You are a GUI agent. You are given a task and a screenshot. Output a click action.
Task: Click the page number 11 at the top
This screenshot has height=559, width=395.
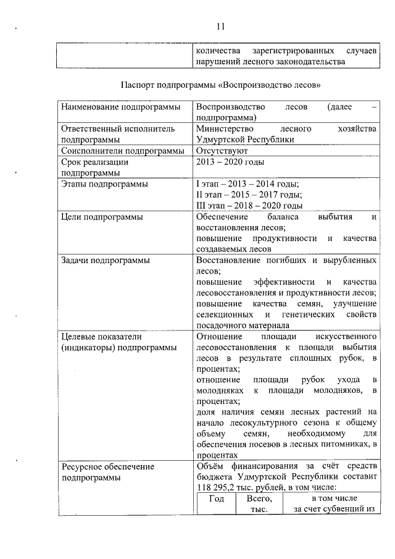[220, 26]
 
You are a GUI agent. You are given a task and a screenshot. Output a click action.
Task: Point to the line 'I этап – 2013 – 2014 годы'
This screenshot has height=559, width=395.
[247, 184]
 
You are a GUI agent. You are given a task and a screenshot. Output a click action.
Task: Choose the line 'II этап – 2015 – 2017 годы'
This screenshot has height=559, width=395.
[249, 195]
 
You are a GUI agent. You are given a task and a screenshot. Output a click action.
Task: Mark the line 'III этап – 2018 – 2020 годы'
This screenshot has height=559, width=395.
[249, 206]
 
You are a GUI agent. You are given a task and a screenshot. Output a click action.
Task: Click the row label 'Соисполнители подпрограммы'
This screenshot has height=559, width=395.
[123, 150]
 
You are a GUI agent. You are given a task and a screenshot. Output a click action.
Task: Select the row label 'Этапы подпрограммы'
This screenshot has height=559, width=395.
[104, 184]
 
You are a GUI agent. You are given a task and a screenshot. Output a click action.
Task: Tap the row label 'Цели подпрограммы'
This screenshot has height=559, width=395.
[102, 217]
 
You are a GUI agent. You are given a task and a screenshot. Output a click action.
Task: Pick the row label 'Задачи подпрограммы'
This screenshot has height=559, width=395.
[106, 261]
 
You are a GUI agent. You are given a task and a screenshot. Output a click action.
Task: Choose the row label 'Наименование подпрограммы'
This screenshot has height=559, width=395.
[120, 107]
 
